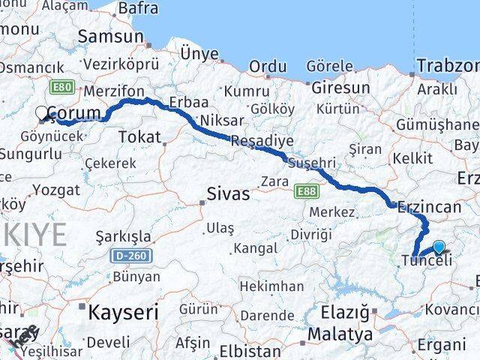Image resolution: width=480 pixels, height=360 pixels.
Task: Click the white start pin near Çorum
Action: (42, 113)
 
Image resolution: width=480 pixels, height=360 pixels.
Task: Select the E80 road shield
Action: (62, 88)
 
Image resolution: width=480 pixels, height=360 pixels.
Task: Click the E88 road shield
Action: (306, 192)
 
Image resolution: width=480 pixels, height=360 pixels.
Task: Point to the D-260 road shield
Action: (133, 256)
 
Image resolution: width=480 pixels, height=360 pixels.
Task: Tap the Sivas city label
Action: (229, 194)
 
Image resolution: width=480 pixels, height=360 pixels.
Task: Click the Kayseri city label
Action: (123, 310)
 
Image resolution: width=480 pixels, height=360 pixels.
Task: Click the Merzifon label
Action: (114, 91)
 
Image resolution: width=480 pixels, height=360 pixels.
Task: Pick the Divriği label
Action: (310, 235)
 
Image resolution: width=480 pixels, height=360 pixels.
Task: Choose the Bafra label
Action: (139, 8)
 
